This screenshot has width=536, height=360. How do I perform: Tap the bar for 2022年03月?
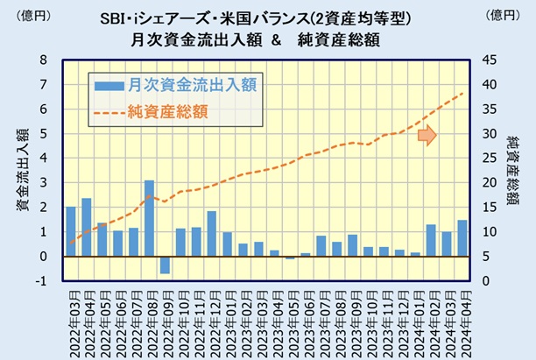pyautogui.click(x=70, y=231)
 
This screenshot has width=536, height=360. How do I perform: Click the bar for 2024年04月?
pyautogui.click(x=462, y=238)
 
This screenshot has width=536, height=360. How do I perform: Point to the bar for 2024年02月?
pyautogui.click(x=430, y=240)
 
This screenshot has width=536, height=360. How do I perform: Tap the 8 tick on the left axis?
pyautogui.click(x=43, y=60)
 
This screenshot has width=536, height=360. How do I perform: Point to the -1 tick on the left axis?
pyautogui.click(x=40, y=281)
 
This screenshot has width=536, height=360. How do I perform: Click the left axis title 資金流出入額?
pyautogui.click(x=19, y=170)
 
